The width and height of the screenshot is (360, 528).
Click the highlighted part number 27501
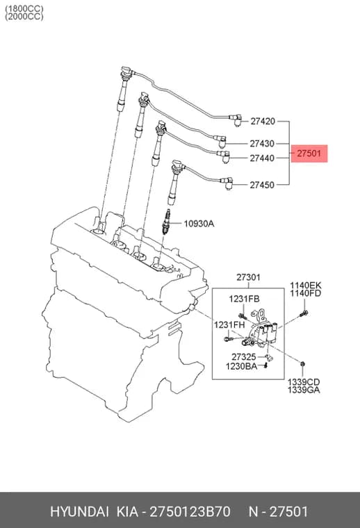(309, 154)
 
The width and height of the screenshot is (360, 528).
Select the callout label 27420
(263, 121)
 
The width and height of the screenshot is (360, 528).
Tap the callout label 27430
(262, 144)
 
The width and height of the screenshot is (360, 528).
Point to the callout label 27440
(262, 158)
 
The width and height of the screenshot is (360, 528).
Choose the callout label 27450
(262, 185)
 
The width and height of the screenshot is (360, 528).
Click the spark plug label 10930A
(199, 224)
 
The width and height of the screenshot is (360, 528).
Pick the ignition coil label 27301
(248, 277)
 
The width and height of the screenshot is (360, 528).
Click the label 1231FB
(244, 299)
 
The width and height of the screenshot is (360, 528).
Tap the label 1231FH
(229, 325)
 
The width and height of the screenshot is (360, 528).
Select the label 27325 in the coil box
(244, 357)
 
